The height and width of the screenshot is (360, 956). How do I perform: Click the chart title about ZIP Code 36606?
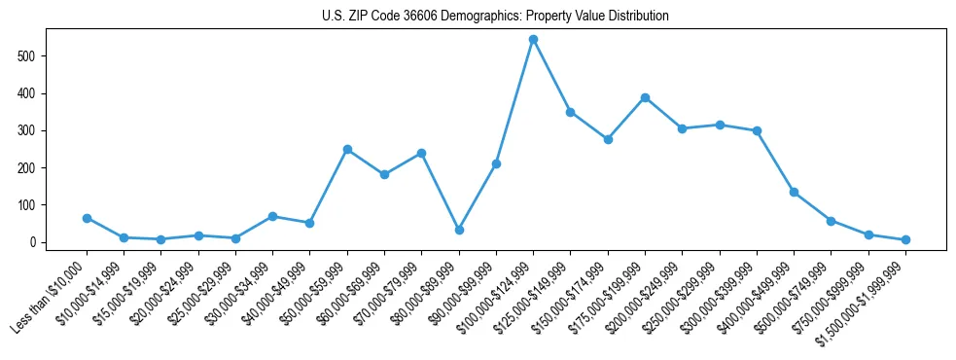coord(495,17)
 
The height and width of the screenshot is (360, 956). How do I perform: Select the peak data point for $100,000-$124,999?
coord(533,40)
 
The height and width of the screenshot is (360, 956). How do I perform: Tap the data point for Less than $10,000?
coord(87,218)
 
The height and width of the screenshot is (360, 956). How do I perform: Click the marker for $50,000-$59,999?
coord(347,150)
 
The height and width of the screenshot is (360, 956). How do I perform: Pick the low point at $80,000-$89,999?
coord(459,230)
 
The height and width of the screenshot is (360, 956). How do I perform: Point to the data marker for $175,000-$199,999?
coord(645,97)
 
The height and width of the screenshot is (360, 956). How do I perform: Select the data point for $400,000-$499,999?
coord(794,193)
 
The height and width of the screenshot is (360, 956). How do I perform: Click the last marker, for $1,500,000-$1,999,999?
coord(905,239)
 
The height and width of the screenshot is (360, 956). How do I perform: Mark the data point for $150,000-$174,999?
coord(608,139)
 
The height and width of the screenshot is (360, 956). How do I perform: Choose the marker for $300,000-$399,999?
coord(757,130)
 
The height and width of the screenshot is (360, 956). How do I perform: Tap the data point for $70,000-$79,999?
coord(421,153)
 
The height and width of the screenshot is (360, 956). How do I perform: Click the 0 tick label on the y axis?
coord(36,242)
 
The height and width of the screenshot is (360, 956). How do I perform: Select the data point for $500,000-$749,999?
coord(831,221)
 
